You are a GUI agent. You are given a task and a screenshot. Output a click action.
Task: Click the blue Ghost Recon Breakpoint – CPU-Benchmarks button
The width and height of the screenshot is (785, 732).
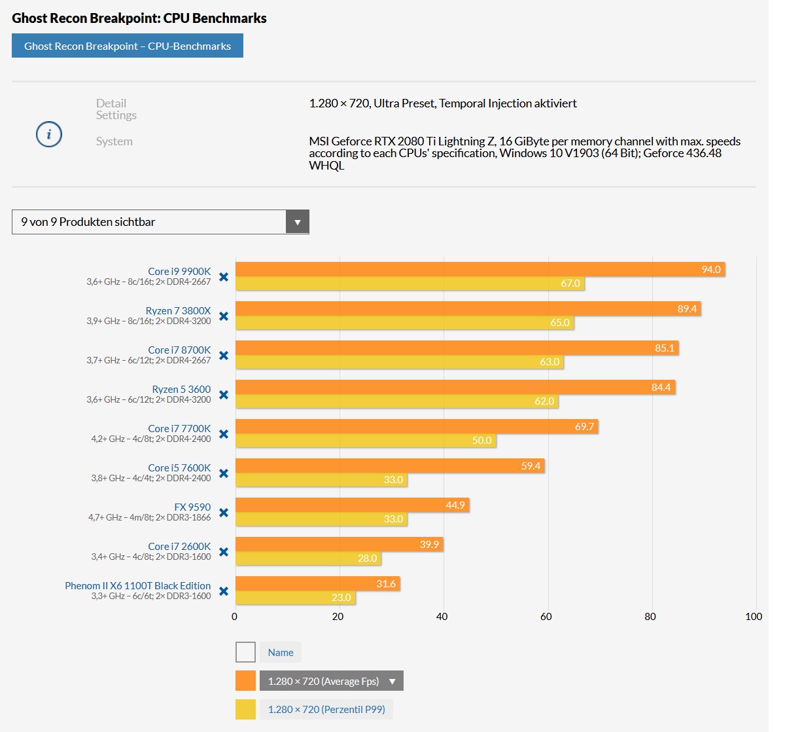tap(128, 46)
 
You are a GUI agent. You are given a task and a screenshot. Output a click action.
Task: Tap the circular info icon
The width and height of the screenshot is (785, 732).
tap(49, 134)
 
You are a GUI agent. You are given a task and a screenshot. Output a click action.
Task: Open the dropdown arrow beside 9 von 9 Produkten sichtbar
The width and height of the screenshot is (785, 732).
tap(297, 222)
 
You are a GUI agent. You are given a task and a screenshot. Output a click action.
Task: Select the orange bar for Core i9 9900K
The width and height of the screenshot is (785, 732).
tap(480, 269)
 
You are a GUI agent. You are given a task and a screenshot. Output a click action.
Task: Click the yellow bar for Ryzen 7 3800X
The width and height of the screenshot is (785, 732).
tap(404, 323)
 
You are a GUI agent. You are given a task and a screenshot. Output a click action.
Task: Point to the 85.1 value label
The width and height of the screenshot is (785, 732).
tap(664, 348)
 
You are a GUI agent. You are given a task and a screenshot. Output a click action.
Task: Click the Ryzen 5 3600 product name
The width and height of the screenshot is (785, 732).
tap(181, 389)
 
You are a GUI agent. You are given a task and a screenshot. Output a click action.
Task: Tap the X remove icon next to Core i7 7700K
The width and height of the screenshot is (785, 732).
tap(224, 434)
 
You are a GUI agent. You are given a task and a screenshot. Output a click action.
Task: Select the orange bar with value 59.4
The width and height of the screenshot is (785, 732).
tap(389, 466)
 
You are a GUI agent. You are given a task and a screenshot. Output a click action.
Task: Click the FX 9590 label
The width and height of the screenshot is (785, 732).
tap(192, 507)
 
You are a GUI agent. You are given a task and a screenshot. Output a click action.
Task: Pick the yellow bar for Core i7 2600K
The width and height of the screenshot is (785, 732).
tap(307, 558)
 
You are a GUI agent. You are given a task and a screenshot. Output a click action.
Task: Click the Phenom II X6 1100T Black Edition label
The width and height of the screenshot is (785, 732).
tap(137, 585)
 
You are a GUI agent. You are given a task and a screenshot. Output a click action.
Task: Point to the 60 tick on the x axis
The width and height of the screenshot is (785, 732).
tap(546, 617)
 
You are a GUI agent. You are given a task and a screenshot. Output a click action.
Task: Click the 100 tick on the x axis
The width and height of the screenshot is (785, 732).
tap(753, 617)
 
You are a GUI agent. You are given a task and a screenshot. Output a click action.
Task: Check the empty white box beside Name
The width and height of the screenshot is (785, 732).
tap(245, 652)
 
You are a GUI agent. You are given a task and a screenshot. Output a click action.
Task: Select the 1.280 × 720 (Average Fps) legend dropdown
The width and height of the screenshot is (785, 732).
tap(331, 681)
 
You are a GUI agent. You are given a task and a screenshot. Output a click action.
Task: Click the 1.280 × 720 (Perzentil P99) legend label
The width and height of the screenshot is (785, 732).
tap(326, 709)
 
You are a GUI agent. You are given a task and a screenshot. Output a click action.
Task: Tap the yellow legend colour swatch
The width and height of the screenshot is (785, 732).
tap(245, 709)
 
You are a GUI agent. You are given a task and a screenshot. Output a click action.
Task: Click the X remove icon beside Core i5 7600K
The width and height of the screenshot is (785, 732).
tap(224, 473)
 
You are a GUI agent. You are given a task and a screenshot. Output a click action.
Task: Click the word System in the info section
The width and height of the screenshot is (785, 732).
tap(114, 141)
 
